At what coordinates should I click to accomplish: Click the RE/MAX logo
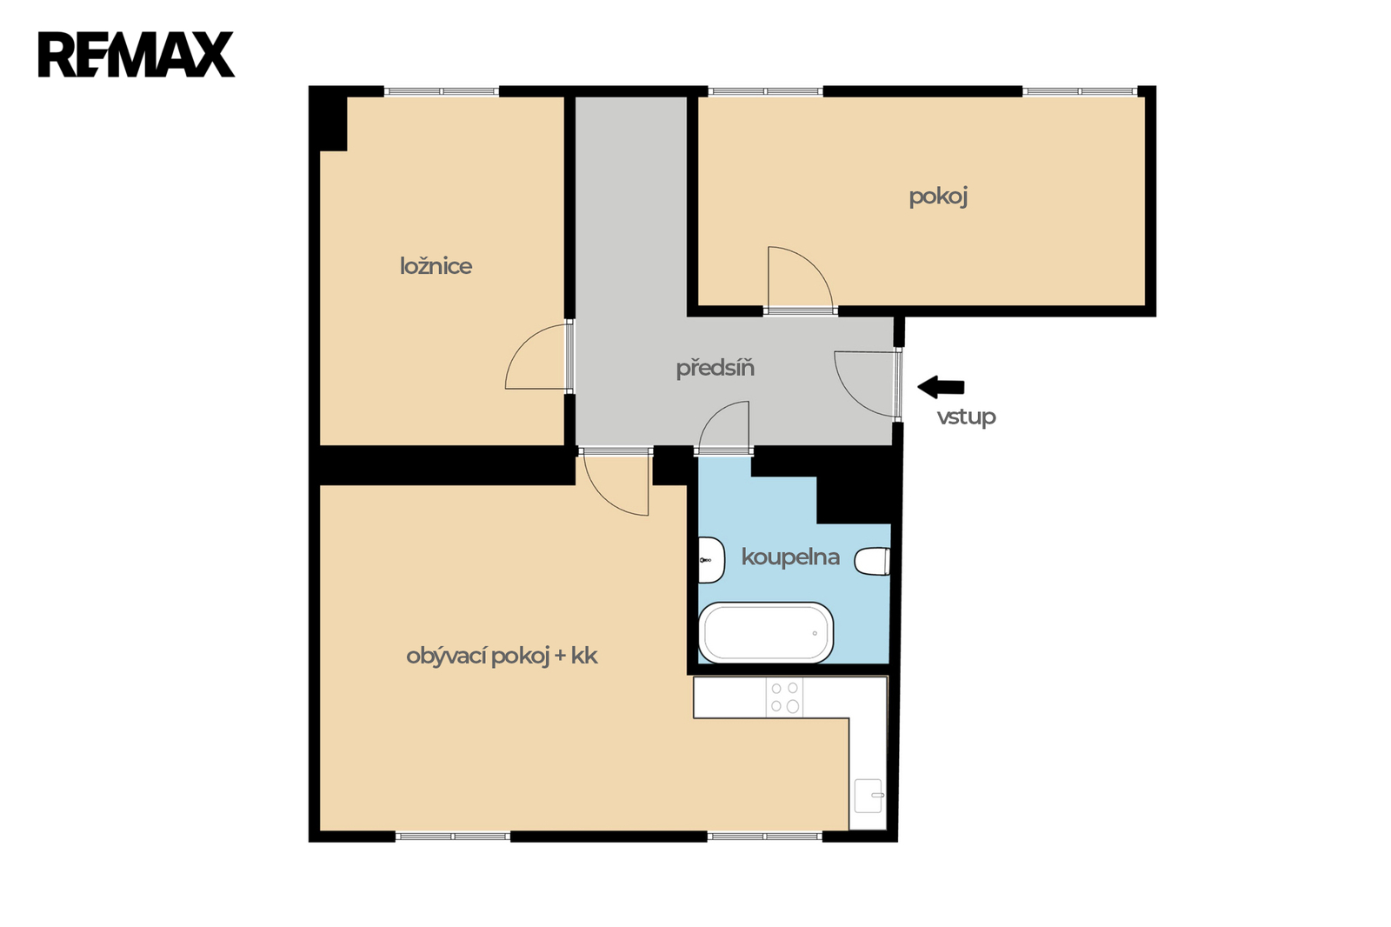coord(136,55)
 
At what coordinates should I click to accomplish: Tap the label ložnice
coord(436,267)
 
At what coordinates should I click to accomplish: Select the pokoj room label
coord(938,197)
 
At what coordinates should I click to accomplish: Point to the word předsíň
coord(715,368)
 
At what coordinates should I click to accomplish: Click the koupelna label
coord(790,557)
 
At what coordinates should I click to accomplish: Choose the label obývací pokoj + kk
coord(502,656)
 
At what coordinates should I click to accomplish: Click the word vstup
coord(966,417)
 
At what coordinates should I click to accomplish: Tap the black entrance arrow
coord(941,387)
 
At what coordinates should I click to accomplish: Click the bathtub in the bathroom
coord(766,632)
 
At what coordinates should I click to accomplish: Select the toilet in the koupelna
coord(873,561)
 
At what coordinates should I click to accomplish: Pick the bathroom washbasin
coord(711,560)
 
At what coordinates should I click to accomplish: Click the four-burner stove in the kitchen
coord(784,697)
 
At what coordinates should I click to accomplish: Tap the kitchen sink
coord(869,796)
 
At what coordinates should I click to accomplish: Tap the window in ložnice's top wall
coord(442,91)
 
